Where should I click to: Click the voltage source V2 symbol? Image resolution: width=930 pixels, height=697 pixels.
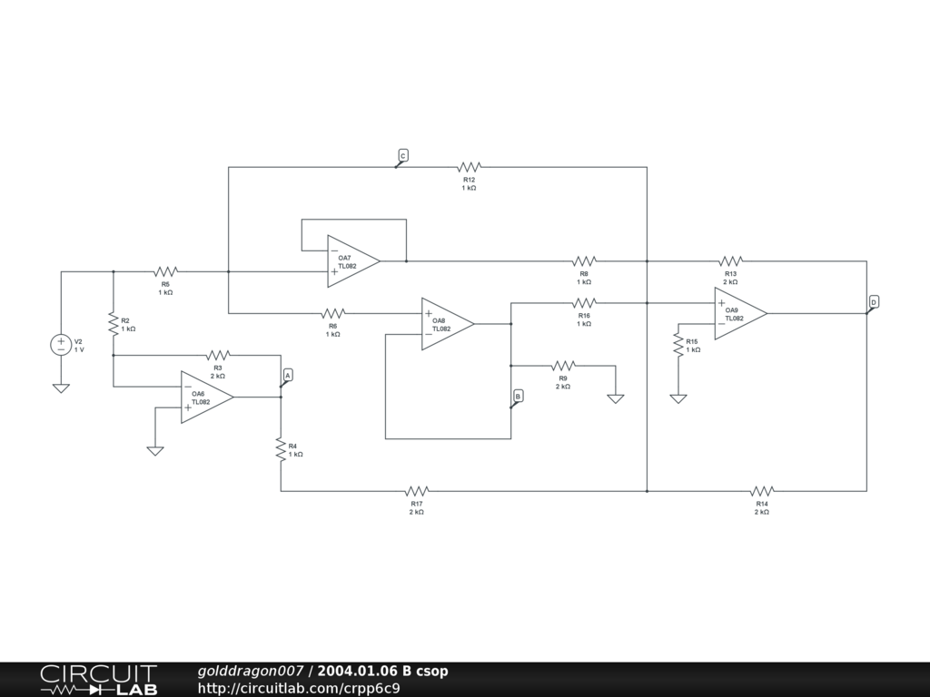point(61,345)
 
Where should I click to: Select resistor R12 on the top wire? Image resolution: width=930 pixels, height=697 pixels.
point(469,167)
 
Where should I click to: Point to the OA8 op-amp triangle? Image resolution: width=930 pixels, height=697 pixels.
point(446,323)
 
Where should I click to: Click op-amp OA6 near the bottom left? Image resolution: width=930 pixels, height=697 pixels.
point(205,397)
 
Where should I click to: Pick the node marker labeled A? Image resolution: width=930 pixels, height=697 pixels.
point(288,375)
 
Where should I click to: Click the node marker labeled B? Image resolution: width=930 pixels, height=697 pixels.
point(518,397)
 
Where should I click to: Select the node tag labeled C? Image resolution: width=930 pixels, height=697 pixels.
point(403,155)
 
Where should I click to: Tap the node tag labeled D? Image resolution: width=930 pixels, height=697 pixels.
point(874,301)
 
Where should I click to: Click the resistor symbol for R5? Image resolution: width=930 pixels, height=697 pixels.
point(165,271)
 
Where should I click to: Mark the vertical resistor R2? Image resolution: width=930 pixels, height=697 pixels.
point(114,323)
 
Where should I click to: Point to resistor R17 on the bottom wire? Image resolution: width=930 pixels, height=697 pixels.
point(417,491)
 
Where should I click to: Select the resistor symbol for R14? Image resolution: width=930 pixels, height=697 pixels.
point(761,491)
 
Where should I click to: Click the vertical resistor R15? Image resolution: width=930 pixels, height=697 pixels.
point(678,345)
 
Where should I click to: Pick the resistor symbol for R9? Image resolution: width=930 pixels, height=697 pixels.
point(563,366)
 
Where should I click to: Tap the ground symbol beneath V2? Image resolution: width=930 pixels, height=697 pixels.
point(61,388)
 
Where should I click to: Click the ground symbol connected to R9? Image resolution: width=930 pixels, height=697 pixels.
point(616,398)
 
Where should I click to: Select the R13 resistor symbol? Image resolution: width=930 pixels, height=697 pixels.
point(731,261)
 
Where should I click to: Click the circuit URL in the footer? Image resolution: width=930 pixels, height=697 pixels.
point(299,688)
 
